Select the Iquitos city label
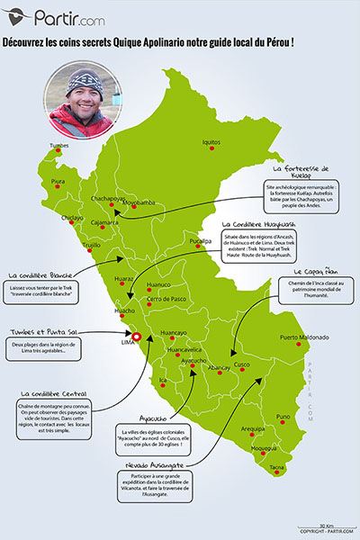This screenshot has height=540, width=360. pos(211,141)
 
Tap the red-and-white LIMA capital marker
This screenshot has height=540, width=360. pos(137,339)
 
